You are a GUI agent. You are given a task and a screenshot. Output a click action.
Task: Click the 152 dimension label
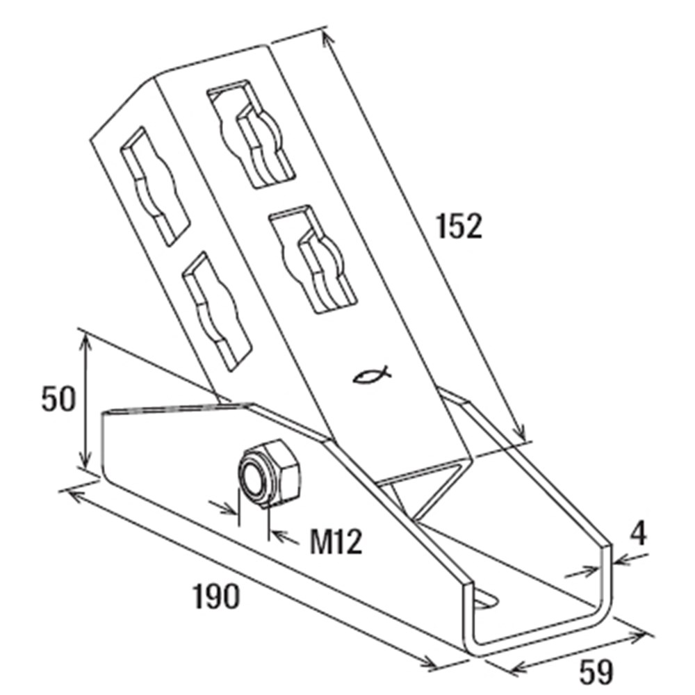(459, 227)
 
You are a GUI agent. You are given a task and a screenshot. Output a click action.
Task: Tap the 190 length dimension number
(216, 596)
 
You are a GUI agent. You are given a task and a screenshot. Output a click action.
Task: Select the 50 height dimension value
(58, 400)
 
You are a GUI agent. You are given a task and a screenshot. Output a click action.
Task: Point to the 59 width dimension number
(596, 672)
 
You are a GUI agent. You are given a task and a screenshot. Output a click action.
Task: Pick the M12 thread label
(336, 541)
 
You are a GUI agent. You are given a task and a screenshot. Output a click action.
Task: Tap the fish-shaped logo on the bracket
(371, 375)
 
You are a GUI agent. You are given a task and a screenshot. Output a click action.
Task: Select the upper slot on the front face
(251, 135)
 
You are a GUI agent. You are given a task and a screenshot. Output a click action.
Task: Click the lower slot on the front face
(313, 260)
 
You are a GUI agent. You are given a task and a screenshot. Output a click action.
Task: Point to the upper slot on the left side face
(155, 186)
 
